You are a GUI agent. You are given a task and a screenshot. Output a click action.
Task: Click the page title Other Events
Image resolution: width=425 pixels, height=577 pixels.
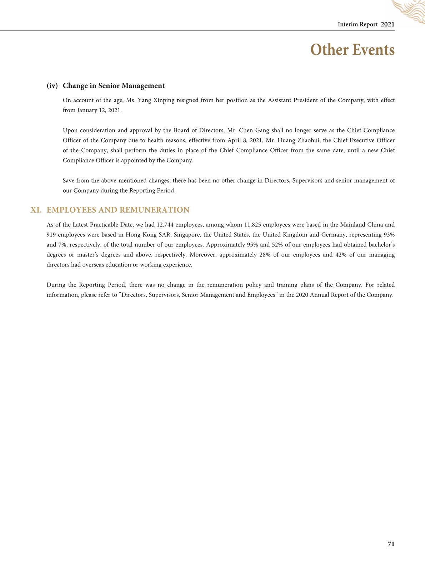[352, 50]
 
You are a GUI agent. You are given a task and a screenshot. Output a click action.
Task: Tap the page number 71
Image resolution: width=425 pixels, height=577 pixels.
[391, 544]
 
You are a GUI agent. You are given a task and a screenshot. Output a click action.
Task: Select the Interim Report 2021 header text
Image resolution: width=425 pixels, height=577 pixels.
[366, 24]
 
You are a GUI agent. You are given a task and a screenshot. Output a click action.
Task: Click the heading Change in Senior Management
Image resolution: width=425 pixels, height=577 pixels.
[114, 86]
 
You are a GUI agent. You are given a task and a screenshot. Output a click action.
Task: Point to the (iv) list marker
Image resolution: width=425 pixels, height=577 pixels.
[52, 86]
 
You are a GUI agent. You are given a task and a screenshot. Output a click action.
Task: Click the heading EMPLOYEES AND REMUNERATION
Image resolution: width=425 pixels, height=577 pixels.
[118, 210]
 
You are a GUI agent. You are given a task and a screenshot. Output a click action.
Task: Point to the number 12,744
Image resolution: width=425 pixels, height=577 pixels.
[165, 225]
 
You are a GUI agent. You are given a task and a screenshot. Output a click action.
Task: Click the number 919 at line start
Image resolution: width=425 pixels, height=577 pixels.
[51, 235]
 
